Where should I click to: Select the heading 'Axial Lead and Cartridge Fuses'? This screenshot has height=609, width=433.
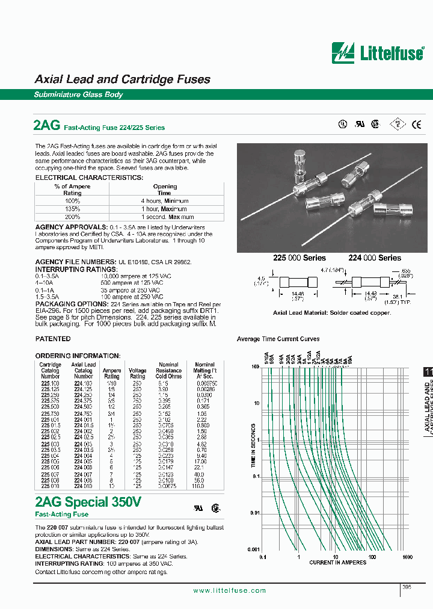click(122, 79)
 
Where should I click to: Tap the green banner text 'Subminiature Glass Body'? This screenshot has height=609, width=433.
click(78, 94)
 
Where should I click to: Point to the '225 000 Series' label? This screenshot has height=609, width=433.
click(299, 258)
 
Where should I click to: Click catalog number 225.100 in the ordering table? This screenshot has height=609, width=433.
click(50, 383)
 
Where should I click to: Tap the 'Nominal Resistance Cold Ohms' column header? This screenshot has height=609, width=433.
click(168, 371)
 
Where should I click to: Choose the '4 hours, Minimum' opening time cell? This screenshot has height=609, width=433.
click(165, 201)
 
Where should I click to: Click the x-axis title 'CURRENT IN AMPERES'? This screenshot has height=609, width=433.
click(339, 563)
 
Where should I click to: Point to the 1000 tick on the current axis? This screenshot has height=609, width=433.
click(407, 557)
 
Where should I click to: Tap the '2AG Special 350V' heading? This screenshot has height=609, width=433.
click(88, 502)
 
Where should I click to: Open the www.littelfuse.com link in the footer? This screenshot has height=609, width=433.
click(229, 590)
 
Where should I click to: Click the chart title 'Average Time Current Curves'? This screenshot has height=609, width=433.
click(278, 339)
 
